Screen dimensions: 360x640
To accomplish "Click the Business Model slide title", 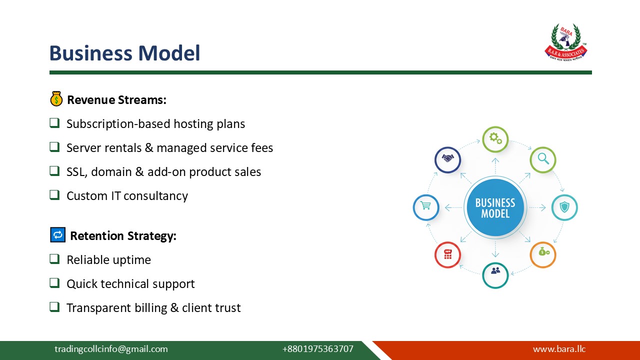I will [x=124, y=53].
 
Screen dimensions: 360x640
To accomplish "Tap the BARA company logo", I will [x=565, y=42].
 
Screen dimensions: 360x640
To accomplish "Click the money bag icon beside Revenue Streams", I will [x=56, y=99].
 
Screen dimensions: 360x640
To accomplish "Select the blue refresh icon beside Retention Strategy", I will [x=58, y=234].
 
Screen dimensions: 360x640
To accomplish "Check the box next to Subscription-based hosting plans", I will [x=54, y=122].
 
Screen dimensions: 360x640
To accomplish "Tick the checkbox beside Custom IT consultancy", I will [x=54, y=194].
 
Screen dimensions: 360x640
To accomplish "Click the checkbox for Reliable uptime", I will [x=54, y=258].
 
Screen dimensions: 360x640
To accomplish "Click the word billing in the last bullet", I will [x=150, y=307].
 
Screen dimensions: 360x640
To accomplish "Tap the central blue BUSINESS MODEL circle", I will [x=495, y=207].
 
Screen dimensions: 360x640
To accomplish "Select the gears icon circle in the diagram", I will [x=495, y=139].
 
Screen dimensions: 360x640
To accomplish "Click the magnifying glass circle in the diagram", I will [x=543, y=159].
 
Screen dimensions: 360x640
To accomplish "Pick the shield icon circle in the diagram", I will [x=564, y=207].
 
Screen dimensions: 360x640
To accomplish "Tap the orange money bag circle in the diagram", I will [x=543, y=254].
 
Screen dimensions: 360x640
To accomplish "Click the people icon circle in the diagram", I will [x=495, y=275].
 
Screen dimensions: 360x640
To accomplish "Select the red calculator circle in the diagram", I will [x=447, y=254].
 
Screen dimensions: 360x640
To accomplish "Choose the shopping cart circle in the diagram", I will [x=426, y=207].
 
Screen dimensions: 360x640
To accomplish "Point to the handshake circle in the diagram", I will [x=447, y=159].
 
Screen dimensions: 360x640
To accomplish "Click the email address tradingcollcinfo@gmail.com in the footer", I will [x=111, y=349].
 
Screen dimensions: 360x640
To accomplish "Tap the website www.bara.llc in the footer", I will [x=559, y=349].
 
